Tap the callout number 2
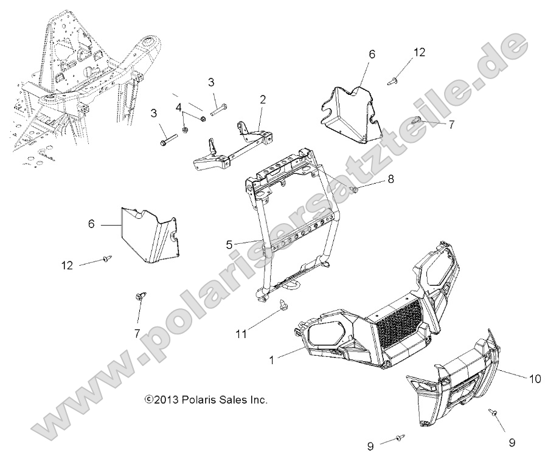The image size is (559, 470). click(x=263, y=99)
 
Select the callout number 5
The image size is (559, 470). click(x=229, y=244)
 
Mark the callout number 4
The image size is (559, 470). click(x=179, y=107)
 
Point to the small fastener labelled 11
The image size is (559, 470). click(x=282, y=304)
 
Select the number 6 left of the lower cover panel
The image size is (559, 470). click(x=91, y=224)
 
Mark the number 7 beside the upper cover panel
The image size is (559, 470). click(x=451, y=125)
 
